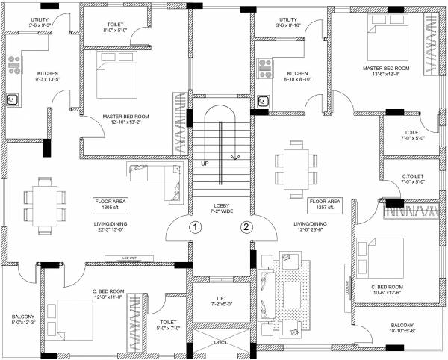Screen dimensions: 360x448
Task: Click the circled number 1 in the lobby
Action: (x=193, y=226)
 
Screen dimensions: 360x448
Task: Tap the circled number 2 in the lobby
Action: (x=244, y=226)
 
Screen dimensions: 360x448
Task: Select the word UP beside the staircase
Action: (x=204, y=163)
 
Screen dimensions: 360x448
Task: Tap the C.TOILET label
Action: (x=413, y=177)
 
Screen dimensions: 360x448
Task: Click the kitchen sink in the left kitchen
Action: (x=13, y=98)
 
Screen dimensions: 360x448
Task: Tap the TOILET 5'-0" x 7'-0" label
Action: (x=167, y=326)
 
